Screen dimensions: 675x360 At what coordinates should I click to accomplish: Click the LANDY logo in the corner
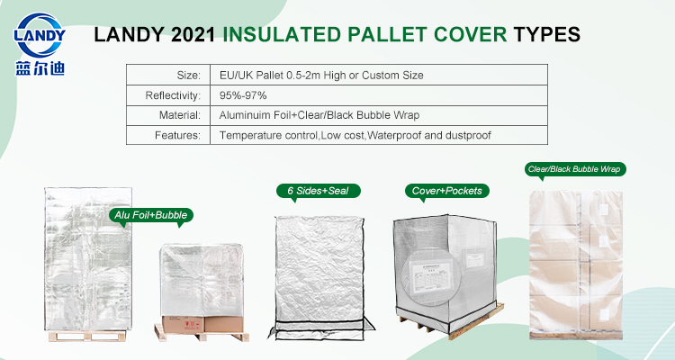click(40, 35)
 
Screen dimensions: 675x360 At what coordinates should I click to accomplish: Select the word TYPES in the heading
click(546, 35)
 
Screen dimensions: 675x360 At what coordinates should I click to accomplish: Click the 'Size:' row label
click(189, 76)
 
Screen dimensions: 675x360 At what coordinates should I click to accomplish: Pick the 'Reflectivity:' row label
click(173, 95)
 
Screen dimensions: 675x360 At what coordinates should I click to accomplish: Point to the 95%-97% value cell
click(243, 95)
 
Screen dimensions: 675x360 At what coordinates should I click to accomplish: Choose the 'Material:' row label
click(180, 115)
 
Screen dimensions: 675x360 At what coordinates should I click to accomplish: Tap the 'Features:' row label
click(178, 135)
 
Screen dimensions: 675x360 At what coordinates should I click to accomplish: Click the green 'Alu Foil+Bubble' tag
click(151, 215)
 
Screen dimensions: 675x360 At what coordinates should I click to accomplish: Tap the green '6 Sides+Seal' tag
click(318, 191)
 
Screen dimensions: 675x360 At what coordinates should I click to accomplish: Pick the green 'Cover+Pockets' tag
click(447, 191)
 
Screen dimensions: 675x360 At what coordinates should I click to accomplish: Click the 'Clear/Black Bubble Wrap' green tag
click(575, 169)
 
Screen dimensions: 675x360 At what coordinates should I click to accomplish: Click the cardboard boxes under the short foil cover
click(202, 324)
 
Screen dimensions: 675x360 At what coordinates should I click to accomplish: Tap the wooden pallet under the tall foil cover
click(87, 336)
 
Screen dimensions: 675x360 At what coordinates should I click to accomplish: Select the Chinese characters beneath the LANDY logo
click(40, 68)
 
